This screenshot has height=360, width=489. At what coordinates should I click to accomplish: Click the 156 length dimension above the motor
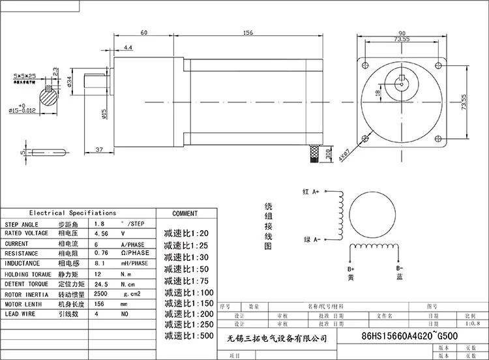pyautogui.click(x=248, y=33)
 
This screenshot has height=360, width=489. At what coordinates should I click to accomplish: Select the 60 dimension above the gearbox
pyautogui.click(x=143, y=33)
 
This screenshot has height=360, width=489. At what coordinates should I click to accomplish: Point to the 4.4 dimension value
pyautogui.click(x=128, y=48)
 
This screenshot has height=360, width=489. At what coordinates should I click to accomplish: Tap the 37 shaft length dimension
pyautogui.click(x=98, y=149)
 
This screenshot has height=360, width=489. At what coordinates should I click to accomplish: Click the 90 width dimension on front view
pyautogui.click(x=402, y=33)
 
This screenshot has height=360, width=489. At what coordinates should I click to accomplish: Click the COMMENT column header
pyautogui.click(x=185, y=213)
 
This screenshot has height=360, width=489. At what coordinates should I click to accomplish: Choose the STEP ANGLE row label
pyautogui.click(x=22, y=224)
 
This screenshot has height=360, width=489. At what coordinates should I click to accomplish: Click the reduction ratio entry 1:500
pyautogui.click(x=188, y=336)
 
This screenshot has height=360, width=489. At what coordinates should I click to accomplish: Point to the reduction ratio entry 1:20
pyautogui.click(x=186, y=233)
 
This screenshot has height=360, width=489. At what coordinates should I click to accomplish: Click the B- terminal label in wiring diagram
pyautogui.click(x=400, y=269)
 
